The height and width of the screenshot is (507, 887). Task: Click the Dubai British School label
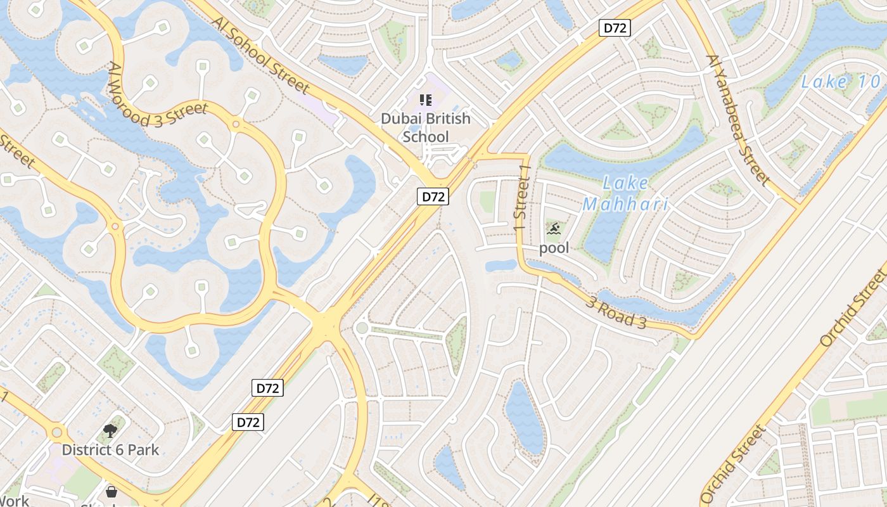(426, 127)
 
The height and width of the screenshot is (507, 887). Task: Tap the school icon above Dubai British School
(425, 99)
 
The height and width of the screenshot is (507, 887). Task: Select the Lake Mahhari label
(625, 194)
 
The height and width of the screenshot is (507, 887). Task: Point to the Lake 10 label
(840, 82)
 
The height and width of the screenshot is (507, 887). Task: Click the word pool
(554, 248)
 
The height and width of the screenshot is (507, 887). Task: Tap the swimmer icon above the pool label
(554, 229)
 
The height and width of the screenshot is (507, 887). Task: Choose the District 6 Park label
(110, 450)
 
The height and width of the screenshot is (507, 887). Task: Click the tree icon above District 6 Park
(110, 432)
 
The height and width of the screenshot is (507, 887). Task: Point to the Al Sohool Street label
(261, 55)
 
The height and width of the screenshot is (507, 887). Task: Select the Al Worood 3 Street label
(158, 95)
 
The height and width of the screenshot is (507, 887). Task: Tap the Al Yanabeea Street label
(737, 120)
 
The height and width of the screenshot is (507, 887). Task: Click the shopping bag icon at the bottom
(112, 491)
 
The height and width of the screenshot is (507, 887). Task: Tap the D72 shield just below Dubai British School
(433, 196)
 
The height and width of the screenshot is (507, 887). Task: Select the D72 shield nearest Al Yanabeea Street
(615, 28)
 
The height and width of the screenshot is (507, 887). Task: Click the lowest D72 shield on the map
(248, 422)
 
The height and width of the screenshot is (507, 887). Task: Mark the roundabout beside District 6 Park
(56, 433)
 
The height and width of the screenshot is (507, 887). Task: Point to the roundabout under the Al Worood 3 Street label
(236, 124)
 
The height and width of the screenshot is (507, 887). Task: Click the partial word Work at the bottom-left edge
(14, 501)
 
